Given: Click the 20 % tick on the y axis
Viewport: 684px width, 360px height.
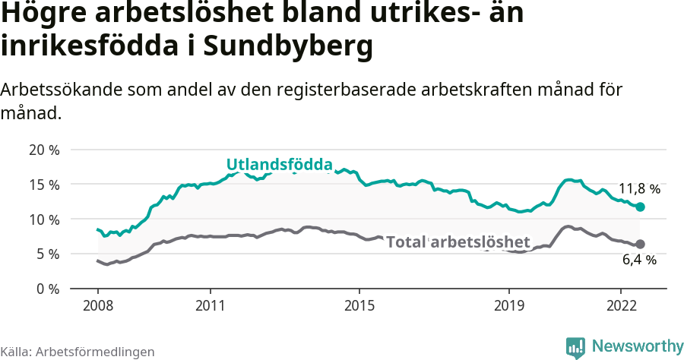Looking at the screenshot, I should click(43, 150).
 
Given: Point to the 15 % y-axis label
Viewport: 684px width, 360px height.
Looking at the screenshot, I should click(43, 185).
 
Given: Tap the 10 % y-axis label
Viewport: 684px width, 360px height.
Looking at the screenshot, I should click(43, 219).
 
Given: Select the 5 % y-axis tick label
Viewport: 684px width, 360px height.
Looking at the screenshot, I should click(47, 254).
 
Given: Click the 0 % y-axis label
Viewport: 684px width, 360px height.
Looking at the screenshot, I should click(47, 289).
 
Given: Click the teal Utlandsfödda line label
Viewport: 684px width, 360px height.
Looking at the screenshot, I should click(280, 164).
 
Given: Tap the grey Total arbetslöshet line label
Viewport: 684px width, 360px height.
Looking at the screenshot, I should click(458, 242).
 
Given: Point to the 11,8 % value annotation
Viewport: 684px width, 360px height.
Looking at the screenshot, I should click(639, 188).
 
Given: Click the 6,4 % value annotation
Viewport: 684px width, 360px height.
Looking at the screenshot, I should click(639, 260).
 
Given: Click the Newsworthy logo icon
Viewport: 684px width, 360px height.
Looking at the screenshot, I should click(575, 347).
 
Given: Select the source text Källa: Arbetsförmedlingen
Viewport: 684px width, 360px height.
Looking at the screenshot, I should click(78, 352).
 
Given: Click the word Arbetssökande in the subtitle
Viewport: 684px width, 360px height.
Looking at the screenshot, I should click(55, 90).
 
